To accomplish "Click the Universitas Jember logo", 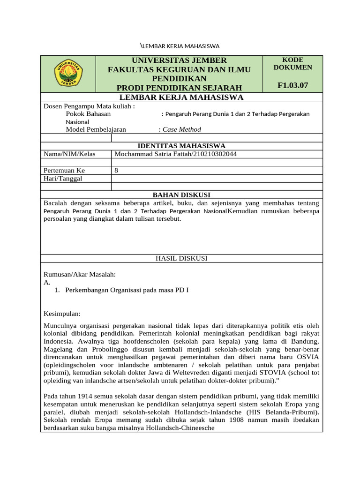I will click(x=68, y=73).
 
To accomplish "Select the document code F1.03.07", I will click(x=292, y=85).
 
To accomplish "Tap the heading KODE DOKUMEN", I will click(x=292, y=63).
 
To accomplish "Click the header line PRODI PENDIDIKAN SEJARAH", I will click(x=179, y=88).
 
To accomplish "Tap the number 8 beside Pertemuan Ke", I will click(x=116, y=170).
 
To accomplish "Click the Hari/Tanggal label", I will click(x=61, y=178).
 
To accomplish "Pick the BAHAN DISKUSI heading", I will click(x=181, y=195).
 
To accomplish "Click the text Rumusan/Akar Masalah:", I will click(x=79, y=274).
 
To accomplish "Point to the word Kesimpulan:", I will click(x=62, y=313).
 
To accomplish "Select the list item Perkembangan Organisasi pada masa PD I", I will click(x=127, y=290).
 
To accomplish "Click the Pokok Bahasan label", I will click(x=88, y=113).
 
